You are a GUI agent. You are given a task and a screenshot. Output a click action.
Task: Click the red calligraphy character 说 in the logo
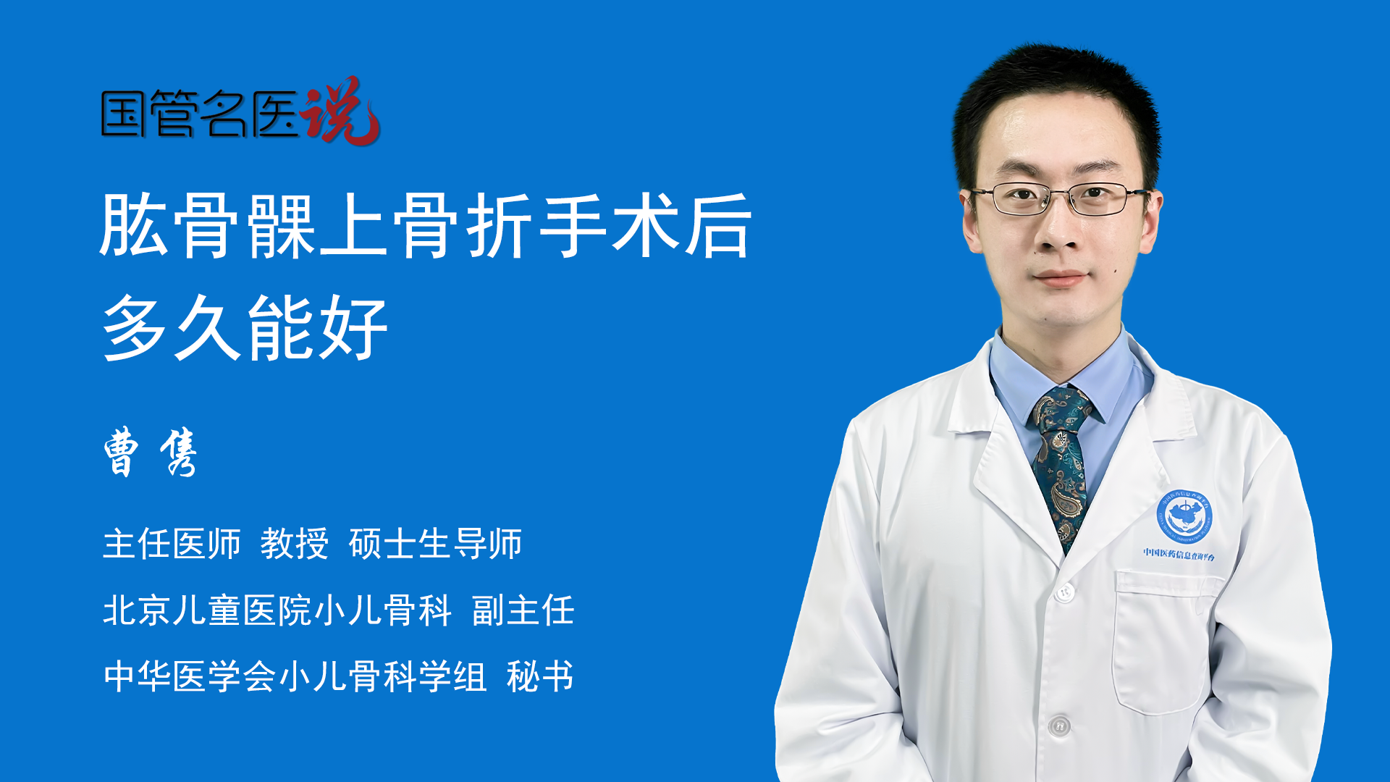point(340,110)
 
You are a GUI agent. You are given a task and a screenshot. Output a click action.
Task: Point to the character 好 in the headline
point(353,328)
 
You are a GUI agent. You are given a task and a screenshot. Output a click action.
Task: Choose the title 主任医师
point(172,544)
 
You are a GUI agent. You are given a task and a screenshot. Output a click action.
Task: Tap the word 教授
point(295,544)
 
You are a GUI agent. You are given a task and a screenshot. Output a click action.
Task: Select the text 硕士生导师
point(435,544)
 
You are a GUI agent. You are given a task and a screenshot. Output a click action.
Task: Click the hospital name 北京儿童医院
point(206,610)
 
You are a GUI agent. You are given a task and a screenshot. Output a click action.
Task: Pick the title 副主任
point(523,610)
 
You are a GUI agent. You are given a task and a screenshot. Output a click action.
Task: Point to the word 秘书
point(540,676)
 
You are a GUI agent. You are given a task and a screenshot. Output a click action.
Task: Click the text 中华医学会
point(190,676)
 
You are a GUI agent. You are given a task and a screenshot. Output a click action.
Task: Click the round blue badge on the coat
point(1184,516)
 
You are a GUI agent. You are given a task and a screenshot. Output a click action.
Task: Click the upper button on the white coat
point(1063,592)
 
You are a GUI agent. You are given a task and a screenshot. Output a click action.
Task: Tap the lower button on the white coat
point(1059,724)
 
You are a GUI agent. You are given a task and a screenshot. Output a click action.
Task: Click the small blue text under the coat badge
point(1179,554)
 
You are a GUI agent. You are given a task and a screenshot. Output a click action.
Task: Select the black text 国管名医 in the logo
point(200,114)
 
